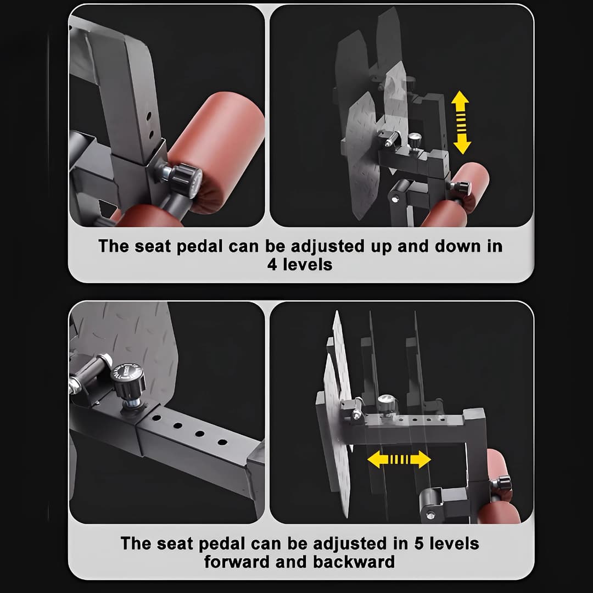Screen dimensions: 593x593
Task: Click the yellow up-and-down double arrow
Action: click(461, 122)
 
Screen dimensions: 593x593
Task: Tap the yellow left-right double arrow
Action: click(399, 459)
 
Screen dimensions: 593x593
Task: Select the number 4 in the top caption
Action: click(272, 265)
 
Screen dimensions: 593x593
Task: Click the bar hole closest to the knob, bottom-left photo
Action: click(156, 418)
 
